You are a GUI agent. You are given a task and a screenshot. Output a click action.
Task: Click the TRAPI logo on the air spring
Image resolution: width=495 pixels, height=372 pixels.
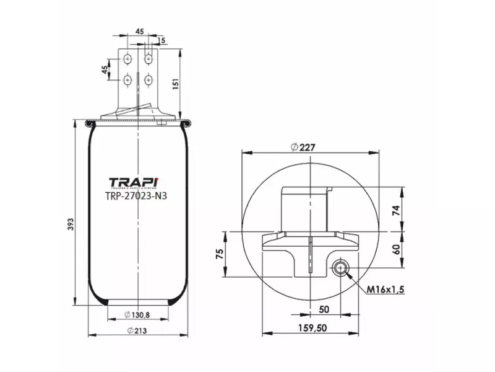coord(134,182)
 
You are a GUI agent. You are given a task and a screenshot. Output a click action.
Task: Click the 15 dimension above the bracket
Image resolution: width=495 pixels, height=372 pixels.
coord(161,41)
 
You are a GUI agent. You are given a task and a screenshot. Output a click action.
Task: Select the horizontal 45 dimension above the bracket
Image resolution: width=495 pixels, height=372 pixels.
coord(139,31)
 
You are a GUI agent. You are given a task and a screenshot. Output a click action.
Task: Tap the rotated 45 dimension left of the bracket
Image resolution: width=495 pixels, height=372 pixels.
coord(104,69)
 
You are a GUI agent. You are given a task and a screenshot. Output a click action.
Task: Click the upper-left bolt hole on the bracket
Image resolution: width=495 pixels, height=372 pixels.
coord(127,60)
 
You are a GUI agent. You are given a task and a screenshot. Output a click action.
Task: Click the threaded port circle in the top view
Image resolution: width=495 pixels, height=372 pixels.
coord(340,268)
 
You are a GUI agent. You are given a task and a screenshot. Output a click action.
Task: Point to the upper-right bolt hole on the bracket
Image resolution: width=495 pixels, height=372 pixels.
coord(148,60)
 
